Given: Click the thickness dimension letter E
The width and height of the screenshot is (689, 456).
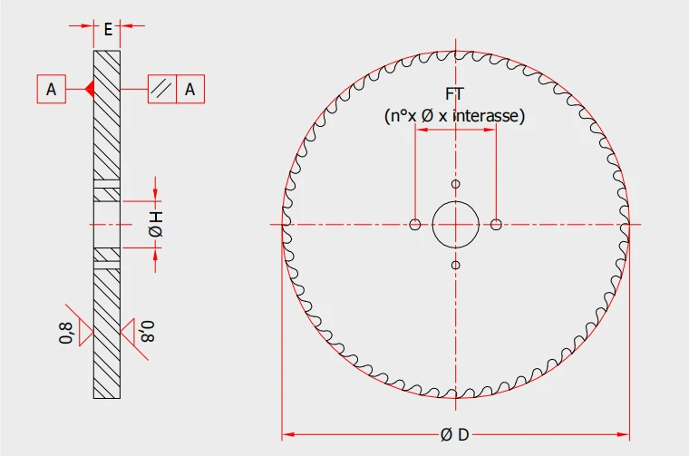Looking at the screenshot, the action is pos(108,29).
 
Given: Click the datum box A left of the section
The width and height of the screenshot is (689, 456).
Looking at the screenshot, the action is pos(52,89).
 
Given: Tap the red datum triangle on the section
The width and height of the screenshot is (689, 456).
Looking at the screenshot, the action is pos(90,89).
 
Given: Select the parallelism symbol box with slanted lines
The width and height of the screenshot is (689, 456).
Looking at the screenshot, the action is pos(162,89).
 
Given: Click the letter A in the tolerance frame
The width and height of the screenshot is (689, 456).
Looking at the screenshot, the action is pos(189,89).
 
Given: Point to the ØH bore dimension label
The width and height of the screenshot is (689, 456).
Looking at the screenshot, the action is pos(156,224).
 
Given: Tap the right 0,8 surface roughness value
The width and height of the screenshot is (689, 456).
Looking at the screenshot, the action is pos(148,332).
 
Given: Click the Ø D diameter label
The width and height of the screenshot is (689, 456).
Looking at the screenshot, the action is pos(455,435).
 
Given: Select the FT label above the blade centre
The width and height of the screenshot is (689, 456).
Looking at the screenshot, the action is pos(455,94).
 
